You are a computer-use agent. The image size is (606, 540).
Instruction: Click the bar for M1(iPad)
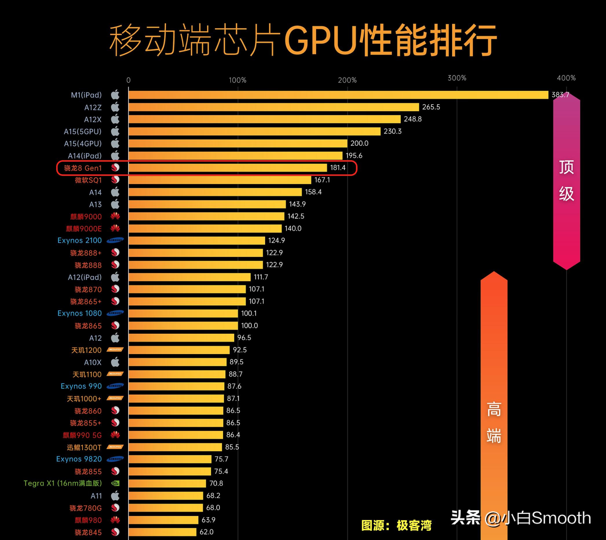click(338, 95)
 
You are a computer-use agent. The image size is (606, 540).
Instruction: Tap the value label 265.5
click(431, 107)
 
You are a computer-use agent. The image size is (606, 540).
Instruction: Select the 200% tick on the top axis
click(347, 80)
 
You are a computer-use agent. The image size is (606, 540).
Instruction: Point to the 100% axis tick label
click(237, 80)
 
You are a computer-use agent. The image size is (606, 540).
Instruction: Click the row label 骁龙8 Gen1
click(83, 168)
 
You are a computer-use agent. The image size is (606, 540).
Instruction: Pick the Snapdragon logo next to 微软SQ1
click(115, 180)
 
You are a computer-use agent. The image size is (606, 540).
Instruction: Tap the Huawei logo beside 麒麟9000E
click(115, 228)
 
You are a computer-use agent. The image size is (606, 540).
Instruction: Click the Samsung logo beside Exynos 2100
click(115, 240)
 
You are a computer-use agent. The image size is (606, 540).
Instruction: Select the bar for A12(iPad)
click(189, 277)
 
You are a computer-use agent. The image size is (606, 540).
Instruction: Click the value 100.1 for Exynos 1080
click(249, 313)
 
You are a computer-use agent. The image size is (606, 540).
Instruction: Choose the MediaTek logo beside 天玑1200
click(115, 350)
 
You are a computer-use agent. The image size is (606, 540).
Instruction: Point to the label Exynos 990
click(81, 386)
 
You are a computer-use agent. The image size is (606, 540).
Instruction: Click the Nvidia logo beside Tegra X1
click(115, 483)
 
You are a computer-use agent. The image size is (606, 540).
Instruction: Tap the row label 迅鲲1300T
click(84, 447)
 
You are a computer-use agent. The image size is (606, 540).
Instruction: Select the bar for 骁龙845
click(162, 532)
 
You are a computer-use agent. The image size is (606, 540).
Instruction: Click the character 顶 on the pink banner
click(566, 167)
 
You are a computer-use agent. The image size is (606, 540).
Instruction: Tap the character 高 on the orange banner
click(494, 409)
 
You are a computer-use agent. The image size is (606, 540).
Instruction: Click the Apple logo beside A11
click(115, 495)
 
